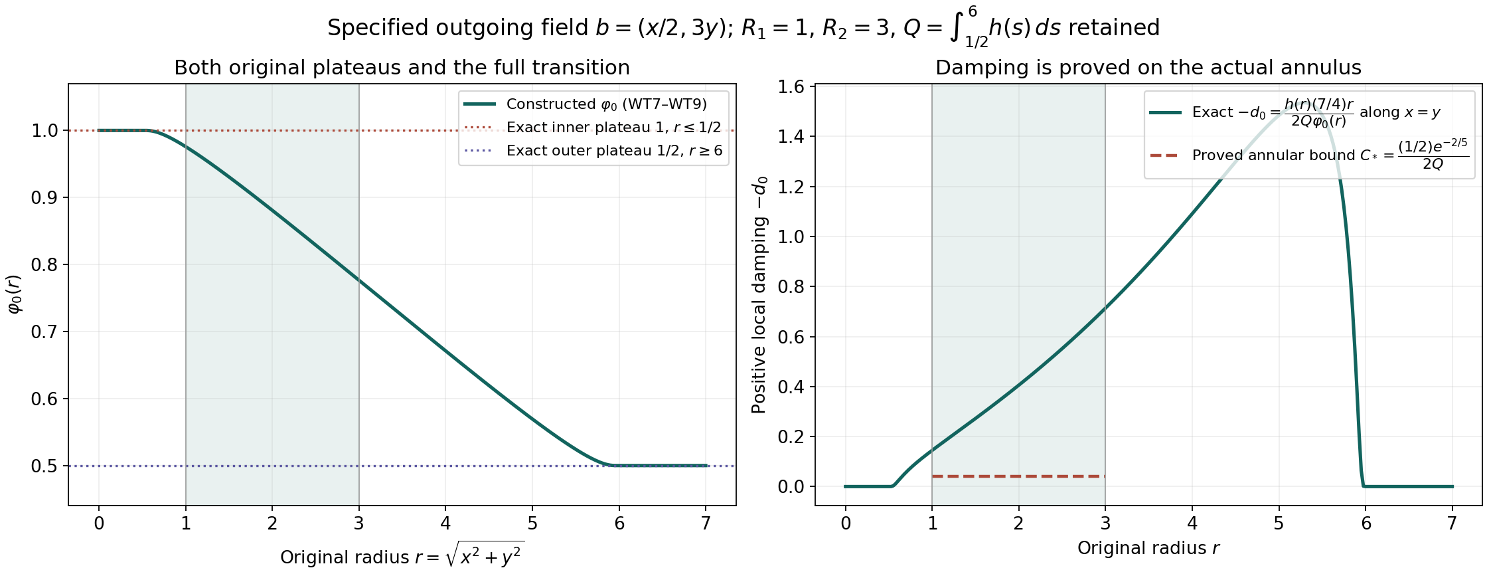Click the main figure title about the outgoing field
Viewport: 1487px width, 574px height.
[743, 28]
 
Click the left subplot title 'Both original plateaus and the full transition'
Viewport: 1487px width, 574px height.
[402, 68]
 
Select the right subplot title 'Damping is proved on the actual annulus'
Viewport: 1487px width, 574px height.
[1148, 68]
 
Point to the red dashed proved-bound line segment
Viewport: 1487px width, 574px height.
[1018, 476]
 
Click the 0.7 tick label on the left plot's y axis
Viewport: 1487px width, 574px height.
[45, 332]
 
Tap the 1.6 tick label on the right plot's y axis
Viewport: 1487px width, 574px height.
[791, 87]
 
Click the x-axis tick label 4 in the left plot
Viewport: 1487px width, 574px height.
[445, 524]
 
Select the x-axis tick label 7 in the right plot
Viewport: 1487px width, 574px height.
[1452, 524]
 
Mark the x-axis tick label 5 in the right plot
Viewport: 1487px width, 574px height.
[1279, 524]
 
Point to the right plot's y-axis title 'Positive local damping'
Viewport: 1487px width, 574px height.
[759, 295]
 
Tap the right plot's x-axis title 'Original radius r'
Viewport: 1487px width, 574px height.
[1148, 548]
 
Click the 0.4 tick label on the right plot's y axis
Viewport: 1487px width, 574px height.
[791, 387]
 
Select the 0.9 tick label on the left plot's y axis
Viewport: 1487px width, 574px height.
[45, 197]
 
